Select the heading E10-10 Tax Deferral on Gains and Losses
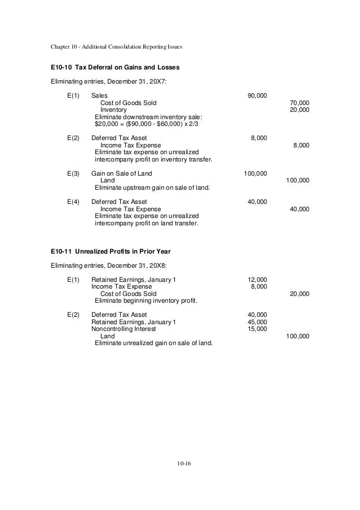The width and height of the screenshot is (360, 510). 115,68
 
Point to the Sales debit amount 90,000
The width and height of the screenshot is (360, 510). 257,95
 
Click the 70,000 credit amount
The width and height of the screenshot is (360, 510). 299,103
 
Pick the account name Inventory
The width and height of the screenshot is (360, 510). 113,110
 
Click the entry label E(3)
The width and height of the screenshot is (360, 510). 73,173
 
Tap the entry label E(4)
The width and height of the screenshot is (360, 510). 73,202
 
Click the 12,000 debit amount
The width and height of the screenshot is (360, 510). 257,280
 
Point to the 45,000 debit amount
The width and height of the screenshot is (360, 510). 257,322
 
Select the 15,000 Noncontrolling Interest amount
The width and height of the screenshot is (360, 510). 257,329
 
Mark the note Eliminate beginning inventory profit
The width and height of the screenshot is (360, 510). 146,301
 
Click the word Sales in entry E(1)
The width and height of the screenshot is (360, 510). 99,95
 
